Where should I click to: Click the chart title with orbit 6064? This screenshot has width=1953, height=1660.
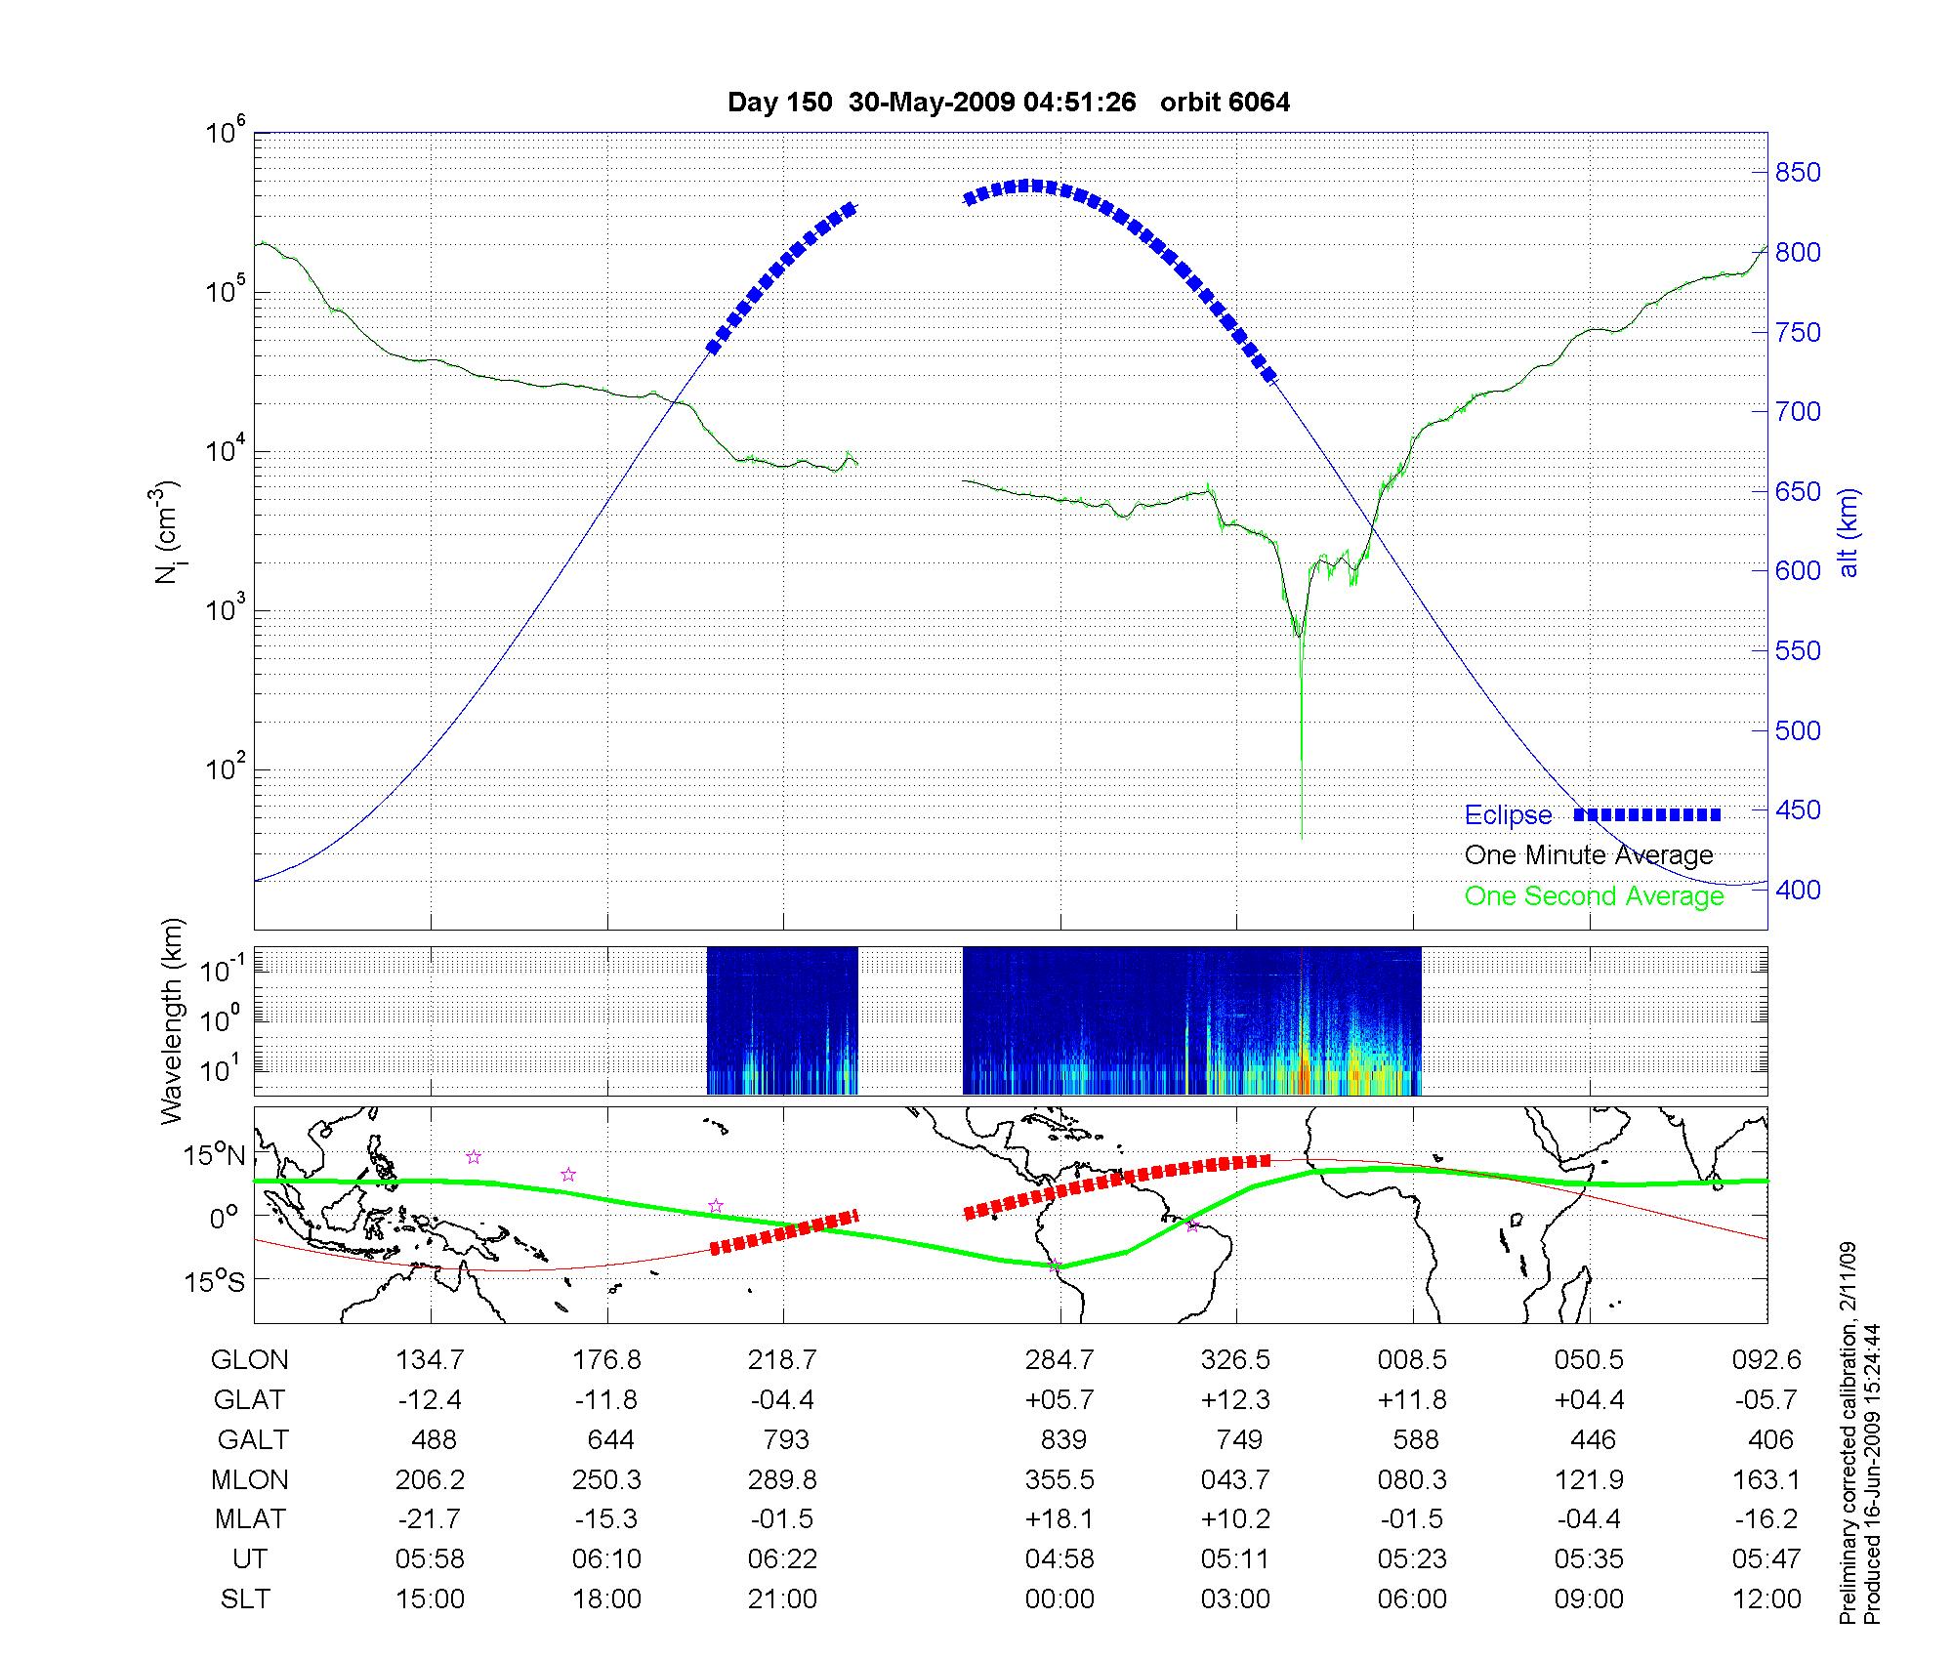(1009, 103)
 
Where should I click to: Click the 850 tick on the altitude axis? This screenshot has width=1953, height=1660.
(1798, 173)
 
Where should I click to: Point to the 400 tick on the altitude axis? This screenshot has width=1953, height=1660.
(1798, 890)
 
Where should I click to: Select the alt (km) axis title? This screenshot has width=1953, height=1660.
(1849, 532)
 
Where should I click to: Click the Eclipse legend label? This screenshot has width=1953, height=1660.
(1508, 815)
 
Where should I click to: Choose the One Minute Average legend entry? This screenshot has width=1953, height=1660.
(1589, 855)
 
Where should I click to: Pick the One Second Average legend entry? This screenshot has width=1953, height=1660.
(1594, 896)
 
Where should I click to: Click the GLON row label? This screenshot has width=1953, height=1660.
(250, 1360)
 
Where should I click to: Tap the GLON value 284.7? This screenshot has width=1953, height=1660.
(1060, 1360)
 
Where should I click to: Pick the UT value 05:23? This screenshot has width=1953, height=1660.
(1412, 1559)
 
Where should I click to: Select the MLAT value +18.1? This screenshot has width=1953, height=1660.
(1060, 1519)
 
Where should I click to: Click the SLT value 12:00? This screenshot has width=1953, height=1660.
(1766, 1599)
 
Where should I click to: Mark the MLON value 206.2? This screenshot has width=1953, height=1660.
(430, 1480)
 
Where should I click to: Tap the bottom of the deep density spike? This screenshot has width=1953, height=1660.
(1302, 836)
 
